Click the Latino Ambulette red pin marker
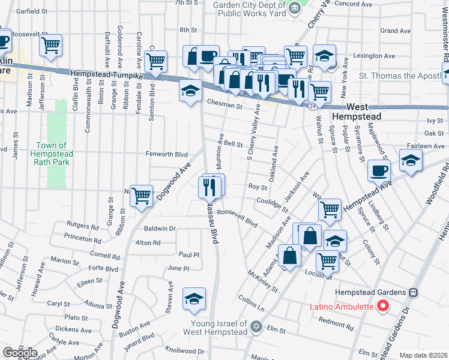[x=383, y=306]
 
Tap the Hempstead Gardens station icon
[x=414, y=292]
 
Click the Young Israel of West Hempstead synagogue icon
[x=256, y=327]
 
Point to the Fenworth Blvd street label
[x=167, y=154]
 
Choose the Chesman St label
[x=224, y=106]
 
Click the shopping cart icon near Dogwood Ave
[x=141, y=195]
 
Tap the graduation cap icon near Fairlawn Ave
[x=411, y=160]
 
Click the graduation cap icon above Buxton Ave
[x=194, y=299]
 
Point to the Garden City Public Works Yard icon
[x=294, y=7]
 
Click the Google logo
[x=20, y=353]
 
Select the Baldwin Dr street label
[x=160, y=229]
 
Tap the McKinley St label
[x=262, y=281]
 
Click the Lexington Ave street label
[x=375, y=56]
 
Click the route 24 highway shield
[x=313, y=106]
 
